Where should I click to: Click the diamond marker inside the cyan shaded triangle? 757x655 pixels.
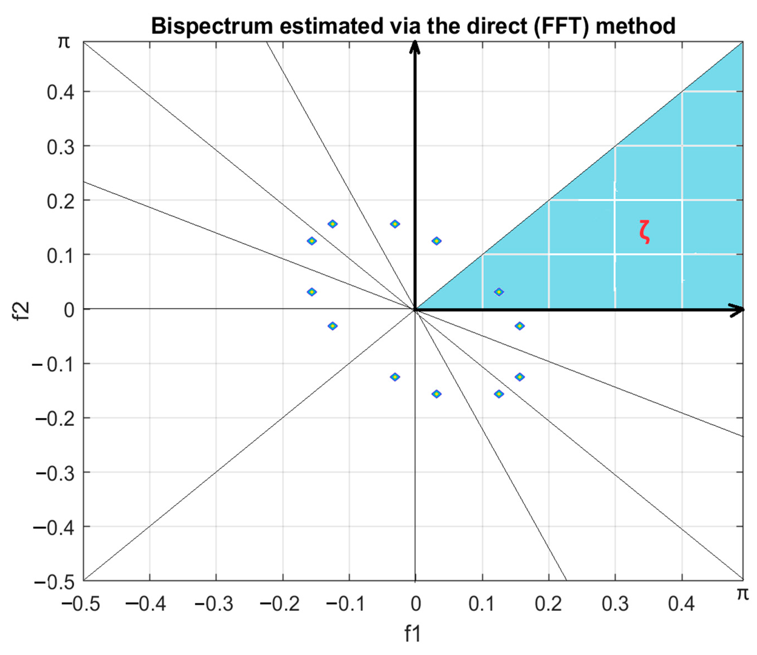(499, 292)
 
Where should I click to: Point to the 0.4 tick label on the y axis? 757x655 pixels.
(60, 92)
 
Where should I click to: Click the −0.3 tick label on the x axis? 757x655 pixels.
(214, 604)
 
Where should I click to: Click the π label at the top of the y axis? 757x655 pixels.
(64, 42)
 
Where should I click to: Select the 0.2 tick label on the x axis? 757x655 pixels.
(548, 604)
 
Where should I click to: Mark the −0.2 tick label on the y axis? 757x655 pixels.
(55, 418)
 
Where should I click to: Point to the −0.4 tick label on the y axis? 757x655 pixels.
(55, 527)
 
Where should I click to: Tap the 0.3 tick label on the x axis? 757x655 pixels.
(615, 604)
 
